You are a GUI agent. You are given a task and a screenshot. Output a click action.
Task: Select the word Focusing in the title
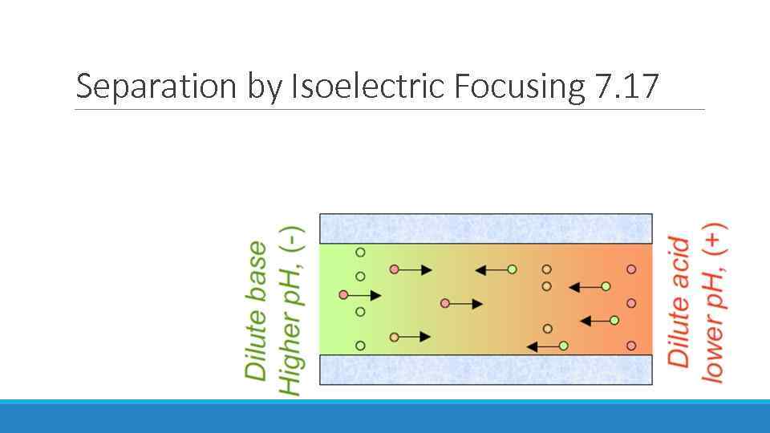click(518, 86)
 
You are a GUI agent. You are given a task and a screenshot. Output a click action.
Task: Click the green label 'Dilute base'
click(257, 310)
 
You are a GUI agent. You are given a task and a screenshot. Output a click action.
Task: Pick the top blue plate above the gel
click(486, 229)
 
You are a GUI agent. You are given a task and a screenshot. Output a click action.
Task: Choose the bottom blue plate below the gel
click(486, 370)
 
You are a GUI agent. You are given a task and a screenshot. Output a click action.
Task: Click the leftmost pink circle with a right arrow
click(344, 295)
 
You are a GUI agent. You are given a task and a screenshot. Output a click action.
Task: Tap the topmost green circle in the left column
click(361, 253)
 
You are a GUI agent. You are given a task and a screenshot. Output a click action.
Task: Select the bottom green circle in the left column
click(361, 346)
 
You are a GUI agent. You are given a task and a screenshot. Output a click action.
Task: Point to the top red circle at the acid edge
click(632, 269)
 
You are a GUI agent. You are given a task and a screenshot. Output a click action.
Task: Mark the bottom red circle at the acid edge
click(632, 346)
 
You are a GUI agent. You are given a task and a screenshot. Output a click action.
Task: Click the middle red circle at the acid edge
click(632, 303)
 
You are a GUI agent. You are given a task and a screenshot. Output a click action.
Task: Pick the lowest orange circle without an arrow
click(548, 329)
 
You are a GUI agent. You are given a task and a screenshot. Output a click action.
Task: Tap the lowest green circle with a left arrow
click(564, 346)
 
